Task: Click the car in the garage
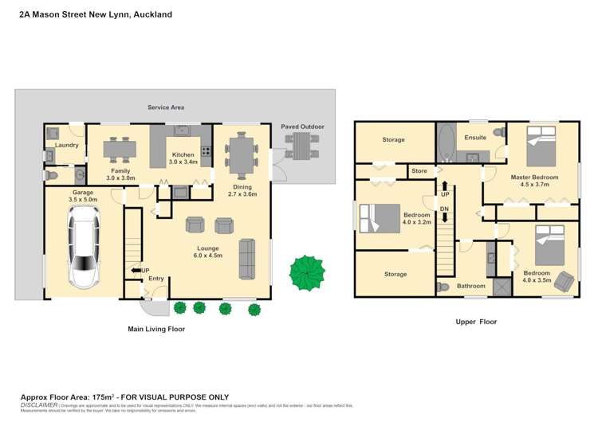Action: click(x=84, y=247)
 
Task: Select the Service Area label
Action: click(x=166, y=107)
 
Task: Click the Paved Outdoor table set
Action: click(x=304, y=145)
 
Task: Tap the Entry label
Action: click(x=155, y=278)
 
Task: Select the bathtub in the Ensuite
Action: click(x=444, y=143)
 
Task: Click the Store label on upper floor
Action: click(x=419, y=170)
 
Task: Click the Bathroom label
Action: click(x=470, y=286)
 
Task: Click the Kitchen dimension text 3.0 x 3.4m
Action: click(x=184, y=162)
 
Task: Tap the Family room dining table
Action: click(x=119, y=148)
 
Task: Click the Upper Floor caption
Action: click(x=475, y=322)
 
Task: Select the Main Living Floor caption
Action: click(x=156, y=328)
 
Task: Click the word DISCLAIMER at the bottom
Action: click(x=38, y=404)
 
